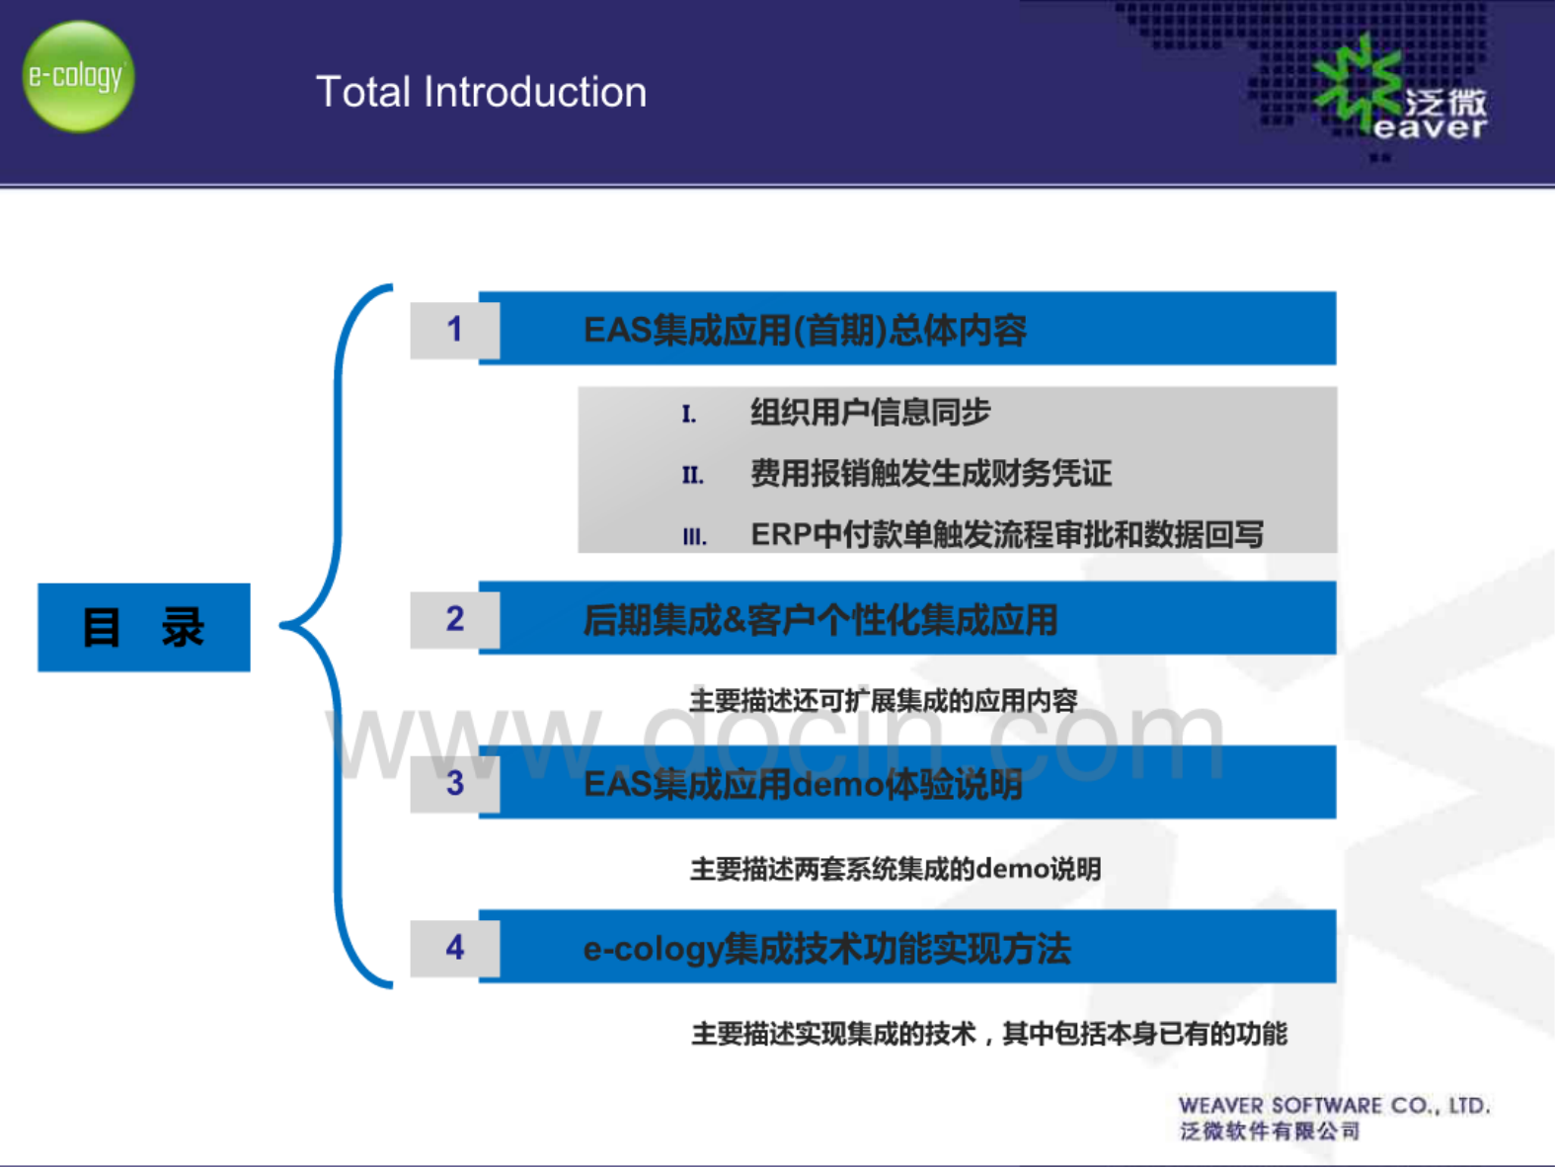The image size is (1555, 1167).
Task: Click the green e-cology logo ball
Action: [78, 76]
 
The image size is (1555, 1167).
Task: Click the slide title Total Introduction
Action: [481, 92]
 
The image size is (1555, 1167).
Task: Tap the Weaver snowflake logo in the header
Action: [1357, 84]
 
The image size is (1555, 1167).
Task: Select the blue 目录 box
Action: [144, 627]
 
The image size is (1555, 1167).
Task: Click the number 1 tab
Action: [455, 330]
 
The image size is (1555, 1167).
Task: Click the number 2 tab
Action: [455, 620]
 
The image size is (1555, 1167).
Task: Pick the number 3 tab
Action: [455, 783]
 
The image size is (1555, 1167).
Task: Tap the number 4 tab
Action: [455, 948]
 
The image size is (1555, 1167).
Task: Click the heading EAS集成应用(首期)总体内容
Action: [805, 330]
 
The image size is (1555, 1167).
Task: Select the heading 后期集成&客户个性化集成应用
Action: [820, 620]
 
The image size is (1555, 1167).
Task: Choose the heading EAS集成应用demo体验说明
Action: [804, 784]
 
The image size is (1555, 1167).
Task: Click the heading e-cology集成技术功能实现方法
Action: [826, 949]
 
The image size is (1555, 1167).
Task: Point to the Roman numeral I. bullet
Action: [688, 414]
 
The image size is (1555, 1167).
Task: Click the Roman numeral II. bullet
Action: [693, 475]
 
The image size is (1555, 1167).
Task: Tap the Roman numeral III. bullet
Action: [694, 537]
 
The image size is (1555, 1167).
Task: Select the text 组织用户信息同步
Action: [871, 412]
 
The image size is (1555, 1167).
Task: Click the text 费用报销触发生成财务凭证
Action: [932, 473]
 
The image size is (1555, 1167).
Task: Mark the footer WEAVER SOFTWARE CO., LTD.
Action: [1335, 1106]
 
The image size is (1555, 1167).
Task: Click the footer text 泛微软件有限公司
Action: [1270, 1130]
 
